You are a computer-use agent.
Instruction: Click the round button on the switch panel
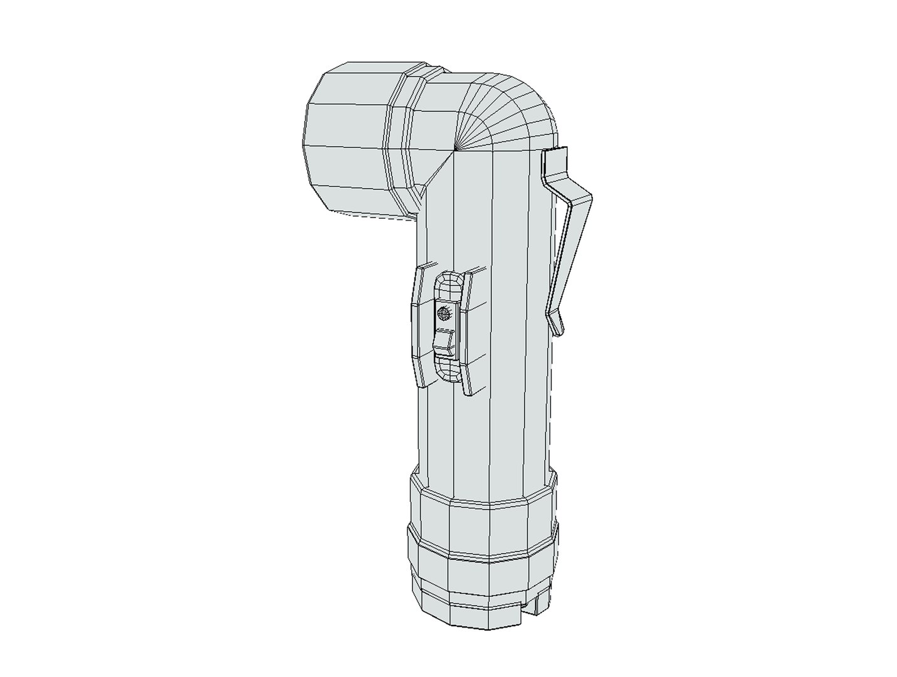coord(443,312)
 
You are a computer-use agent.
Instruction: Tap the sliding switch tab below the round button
coord(444,342)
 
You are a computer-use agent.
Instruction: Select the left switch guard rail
coord(417,326)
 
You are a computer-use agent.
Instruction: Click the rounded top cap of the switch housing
coord(446,287)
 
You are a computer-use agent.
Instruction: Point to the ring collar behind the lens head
coord(401,144)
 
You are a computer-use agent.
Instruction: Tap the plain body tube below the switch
coord(483,433)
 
